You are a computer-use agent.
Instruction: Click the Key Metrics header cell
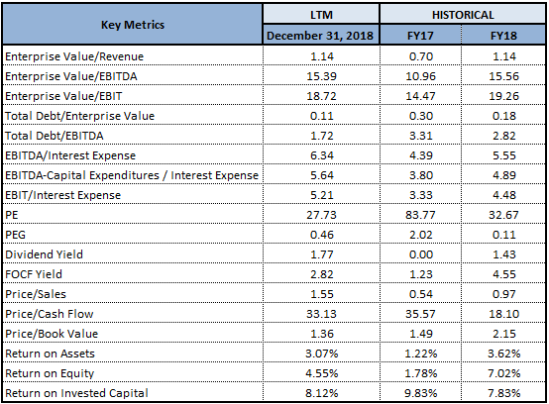[x=133, y=25]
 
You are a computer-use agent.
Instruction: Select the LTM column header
[x=321, y=15]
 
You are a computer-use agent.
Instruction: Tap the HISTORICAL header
[x=463, y=15]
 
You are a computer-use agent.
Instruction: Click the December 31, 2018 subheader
[x=320, y=36]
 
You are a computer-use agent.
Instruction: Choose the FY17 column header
[x=420, y=36]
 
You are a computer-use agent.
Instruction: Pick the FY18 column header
[x=503, y=36]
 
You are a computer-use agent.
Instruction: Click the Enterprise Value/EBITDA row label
[x=71, y=76]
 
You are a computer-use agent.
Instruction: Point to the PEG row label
[x=16, y=235]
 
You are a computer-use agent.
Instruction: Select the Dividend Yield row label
[x=45, y=254]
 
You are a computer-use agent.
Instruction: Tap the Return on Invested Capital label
[x=76, y=393]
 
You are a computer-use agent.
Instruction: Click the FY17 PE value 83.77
[x=420, y=215]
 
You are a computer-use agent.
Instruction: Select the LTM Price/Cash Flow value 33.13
[x=321, y=314]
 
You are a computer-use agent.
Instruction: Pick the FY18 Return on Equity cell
[x=503, y=373]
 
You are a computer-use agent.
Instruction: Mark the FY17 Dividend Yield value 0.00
[x=421, y=254]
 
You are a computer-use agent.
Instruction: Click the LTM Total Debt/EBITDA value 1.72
[x=322, y=136]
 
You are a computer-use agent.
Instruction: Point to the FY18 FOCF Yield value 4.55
[x=504, y=274]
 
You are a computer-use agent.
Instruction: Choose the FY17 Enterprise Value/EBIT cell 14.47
[x=420, y=96]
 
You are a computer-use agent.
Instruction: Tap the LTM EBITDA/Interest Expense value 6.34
[x=322, y=155]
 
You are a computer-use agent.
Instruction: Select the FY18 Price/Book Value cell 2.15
[x=504, y=334]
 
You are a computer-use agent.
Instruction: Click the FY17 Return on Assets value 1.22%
[x=421, y=353]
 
